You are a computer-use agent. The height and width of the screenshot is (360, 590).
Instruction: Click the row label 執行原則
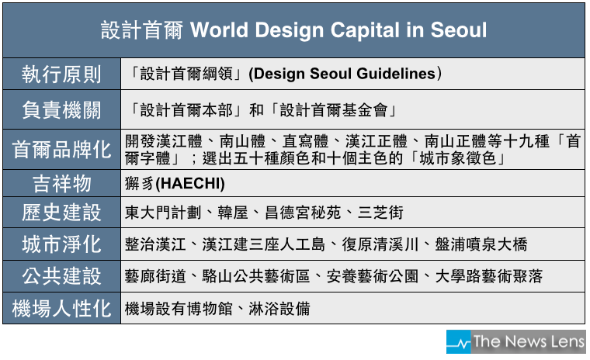point(61,74)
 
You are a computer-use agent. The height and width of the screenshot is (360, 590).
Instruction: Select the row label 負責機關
point(61,110)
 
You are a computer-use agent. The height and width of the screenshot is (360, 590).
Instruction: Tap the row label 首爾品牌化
point(61,149)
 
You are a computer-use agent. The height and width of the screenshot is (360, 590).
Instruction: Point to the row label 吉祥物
point(61,184)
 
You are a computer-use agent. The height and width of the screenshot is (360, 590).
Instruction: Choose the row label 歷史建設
point(61,213)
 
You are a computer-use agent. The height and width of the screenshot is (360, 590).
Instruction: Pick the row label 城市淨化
point(61,244)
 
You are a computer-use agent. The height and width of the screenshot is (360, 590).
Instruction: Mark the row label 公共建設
point(61,276)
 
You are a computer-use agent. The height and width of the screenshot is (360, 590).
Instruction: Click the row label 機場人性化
point(61,309)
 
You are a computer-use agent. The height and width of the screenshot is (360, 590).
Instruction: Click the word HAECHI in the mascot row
point(190,184)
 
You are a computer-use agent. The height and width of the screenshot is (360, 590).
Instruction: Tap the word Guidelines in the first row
point(396,74)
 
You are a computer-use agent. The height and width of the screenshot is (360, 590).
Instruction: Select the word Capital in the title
point(365,30)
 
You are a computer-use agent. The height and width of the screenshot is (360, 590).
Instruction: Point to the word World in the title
point(220,30)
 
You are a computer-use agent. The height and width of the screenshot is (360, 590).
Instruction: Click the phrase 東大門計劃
point(163,213)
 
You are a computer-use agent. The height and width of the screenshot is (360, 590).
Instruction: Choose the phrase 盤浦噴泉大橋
point(481,244)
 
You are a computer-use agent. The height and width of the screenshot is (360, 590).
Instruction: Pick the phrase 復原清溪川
point(380,244)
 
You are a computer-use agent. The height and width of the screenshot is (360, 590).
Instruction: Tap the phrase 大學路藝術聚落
point(489,276)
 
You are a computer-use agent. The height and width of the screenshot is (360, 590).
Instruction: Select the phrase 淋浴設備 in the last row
point(279,309)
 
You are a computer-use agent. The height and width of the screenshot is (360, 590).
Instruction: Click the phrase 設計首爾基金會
point(333,110)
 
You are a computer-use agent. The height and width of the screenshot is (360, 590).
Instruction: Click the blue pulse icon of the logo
point(459,342)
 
